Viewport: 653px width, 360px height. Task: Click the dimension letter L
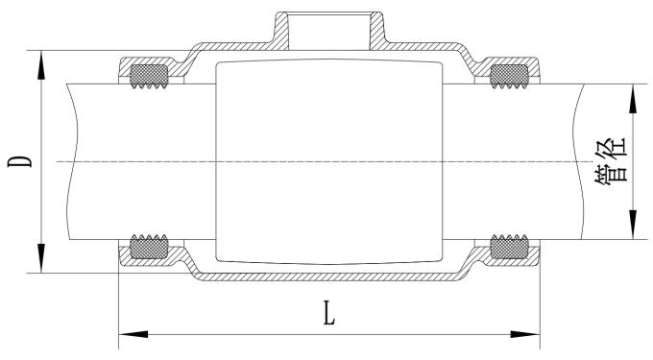tap(329, 313)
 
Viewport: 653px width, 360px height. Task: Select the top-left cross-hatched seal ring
tap(147, 73)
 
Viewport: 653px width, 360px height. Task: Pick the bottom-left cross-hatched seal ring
tap(147, 248)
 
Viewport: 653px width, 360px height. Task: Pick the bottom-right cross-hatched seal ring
tap(509, 248)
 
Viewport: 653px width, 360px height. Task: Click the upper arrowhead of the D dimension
tap(41, 60)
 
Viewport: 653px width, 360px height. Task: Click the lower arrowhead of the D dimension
tap(41, 262)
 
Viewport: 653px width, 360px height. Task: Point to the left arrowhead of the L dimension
tap(129, 334)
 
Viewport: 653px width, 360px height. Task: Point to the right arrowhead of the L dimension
tap(528, 334)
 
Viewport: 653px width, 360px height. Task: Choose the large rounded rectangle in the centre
tap(328, 161)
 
